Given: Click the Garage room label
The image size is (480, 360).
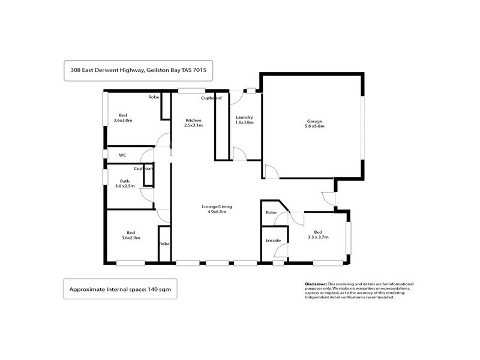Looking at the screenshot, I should coord(311,121).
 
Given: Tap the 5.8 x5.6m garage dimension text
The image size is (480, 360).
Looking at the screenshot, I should coord(311,127).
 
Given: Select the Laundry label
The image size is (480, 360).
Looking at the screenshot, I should coord(244,117).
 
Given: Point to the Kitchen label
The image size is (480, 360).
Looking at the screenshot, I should coord(193,120).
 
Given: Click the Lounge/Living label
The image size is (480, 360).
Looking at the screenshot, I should coord(216,206).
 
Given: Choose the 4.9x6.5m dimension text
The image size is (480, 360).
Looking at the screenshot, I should coord(216,212).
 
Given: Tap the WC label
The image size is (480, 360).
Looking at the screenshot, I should coord(122,155).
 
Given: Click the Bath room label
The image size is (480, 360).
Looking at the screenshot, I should coord(124,181).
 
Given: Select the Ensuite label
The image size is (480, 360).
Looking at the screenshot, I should coord(273,240).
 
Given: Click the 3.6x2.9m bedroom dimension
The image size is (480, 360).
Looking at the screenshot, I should coord(130,238).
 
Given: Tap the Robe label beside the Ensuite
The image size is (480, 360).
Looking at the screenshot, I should coord(271,212).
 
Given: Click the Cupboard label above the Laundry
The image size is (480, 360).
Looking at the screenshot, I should coord(211,97).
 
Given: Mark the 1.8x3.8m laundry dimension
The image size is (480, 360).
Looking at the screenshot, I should coord(244,123).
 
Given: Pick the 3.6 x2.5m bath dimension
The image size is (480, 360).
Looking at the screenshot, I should coord(125,187).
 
